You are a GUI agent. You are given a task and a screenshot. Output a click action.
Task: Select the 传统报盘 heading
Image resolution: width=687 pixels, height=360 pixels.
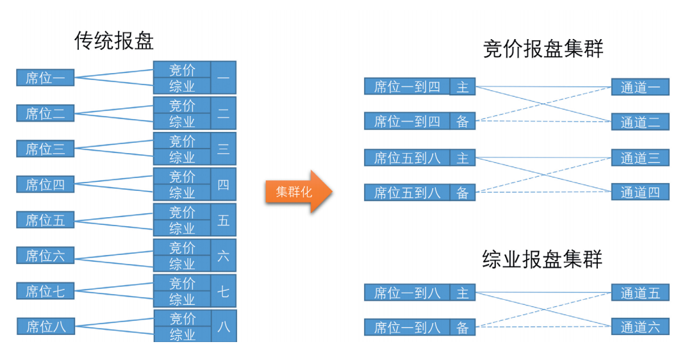[115, 41]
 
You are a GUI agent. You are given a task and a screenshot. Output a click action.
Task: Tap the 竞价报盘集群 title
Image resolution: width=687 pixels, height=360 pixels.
[543, 49]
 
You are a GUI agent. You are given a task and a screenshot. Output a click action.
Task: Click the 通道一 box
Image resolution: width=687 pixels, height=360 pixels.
[640, 87]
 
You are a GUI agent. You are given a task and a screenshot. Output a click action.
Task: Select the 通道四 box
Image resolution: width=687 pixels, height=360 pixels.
[640, 192]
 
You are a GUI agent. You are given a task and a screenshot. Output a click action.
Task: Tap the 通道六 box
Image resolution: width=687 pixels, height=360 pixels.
[640, 327]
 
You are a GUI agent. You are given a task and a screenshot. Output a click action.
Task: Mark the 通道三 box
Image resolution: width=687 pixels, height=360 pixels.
[640, 158]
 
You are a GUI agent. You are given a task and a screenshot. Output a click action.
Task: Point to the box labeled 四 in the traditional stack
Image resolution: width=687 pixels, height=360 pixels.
[223, 184]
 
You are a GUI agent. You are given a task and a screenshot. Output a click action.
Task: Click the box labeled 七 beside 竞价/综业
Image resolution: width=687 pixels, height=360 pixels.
[223, 291]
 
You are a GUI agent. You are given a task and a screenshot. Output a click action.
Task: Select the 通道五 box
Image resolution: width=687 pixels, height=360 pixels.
[640, 293]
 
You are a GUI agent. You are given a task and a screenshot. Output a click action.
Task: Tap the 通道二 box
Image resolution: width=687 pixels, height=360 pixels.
[640, 122]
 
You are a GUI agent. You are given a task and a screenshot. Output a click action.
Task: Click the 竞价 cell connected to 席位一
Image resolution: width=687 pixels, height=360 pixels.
[182, 70]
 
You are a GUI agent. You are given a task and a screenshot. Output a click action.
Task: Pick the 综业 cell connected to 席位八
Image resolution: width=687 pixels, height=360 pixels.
[182, 334]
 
